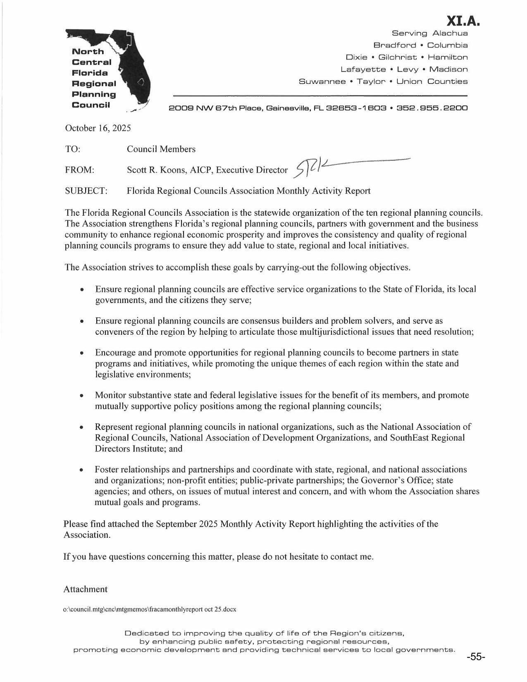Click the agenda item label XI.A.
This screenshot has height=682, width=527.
pos(463,20)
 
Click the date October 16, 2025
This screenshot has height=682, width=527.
pos(98,128)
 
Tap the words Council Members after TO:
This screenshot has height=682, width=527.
pos(161,149)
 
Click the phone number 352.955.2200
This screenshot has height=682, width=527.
pos(432,108)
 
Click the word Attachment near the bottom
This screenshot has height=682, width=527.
pos(86,589)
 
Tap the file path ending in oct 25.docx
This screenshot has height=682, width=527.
pos(150,609)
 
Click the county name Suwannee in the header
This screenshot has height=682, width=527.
pos(322,81)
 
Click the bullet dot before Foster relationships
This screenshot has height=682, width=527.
pos(83,470)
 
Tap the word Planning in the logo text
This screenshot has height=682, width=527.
pos(94,94)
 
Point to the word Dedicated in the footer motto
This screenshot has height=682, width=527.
pos(147,633)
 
